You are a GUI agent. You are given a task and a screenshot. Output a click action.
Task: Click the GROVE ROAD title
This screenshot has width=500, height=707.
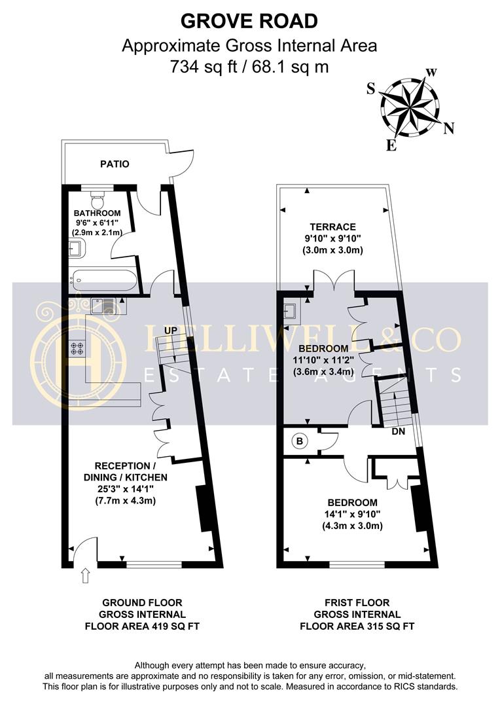249,21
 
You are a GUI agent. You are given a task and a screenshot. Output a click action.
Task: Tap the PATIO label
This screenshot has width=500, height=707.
115,164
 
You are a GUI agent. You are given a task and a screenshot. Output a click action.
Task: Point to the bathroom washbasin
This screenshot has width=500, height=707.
75,249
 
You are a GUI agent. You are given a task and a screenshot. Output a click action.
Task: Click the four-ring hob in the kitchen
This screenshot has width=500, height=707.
76,348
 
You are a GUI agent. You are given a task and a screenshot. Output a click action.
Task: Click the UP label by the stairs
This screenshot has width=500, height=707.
170,331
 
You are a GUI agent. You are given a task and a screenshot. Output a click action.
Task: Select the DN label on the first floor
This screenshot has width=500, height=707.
398,431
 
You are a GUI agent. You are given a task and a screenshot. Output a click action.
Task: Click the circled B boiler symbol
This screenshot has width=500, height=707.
299,441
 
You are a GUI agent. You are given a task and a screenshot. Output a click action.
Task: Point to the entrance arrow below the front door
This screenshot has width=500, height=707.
86,576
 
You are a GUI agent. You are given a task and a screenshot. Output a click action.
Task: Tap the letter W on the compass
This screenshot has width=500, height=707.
431,73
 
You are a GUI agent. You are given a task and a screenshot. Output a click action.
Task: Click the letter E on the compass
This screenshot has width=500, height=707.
391,145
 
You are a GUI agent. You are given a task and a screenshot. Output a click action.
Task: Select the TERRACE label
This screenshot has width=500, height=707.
332,227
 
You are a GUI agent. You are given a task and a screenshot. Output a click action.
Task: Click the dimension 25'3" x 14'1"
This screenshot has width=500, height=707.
126,488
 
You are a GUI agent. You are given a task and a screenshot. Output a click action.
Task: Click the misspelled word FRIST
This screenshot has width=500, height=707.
338,602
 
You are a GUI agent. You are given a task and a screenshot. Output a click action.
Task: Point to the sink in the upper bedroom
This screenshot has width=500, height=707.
290,311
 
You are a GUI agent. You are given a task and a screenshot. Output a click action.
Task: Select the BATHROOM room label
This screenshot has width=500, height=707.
98,213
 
